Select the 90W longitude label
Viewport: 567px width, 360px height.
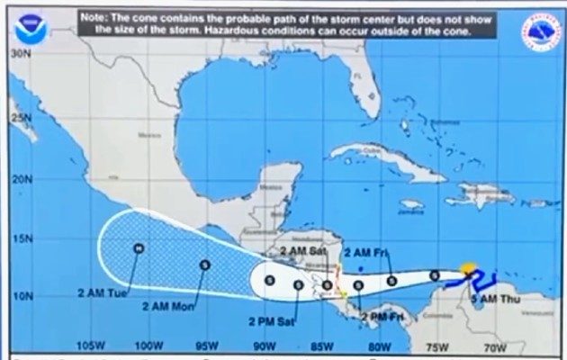pos(263,346)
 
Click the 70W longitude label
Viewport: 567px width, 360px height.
pos(493,346)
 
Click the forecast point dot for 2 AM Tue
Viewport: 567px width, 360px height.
pos(139,247)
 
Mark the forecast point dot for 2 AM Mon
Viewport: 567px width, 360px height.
pos(205,265)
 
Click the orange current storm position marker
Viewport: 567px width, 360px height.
pos(467,268)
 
